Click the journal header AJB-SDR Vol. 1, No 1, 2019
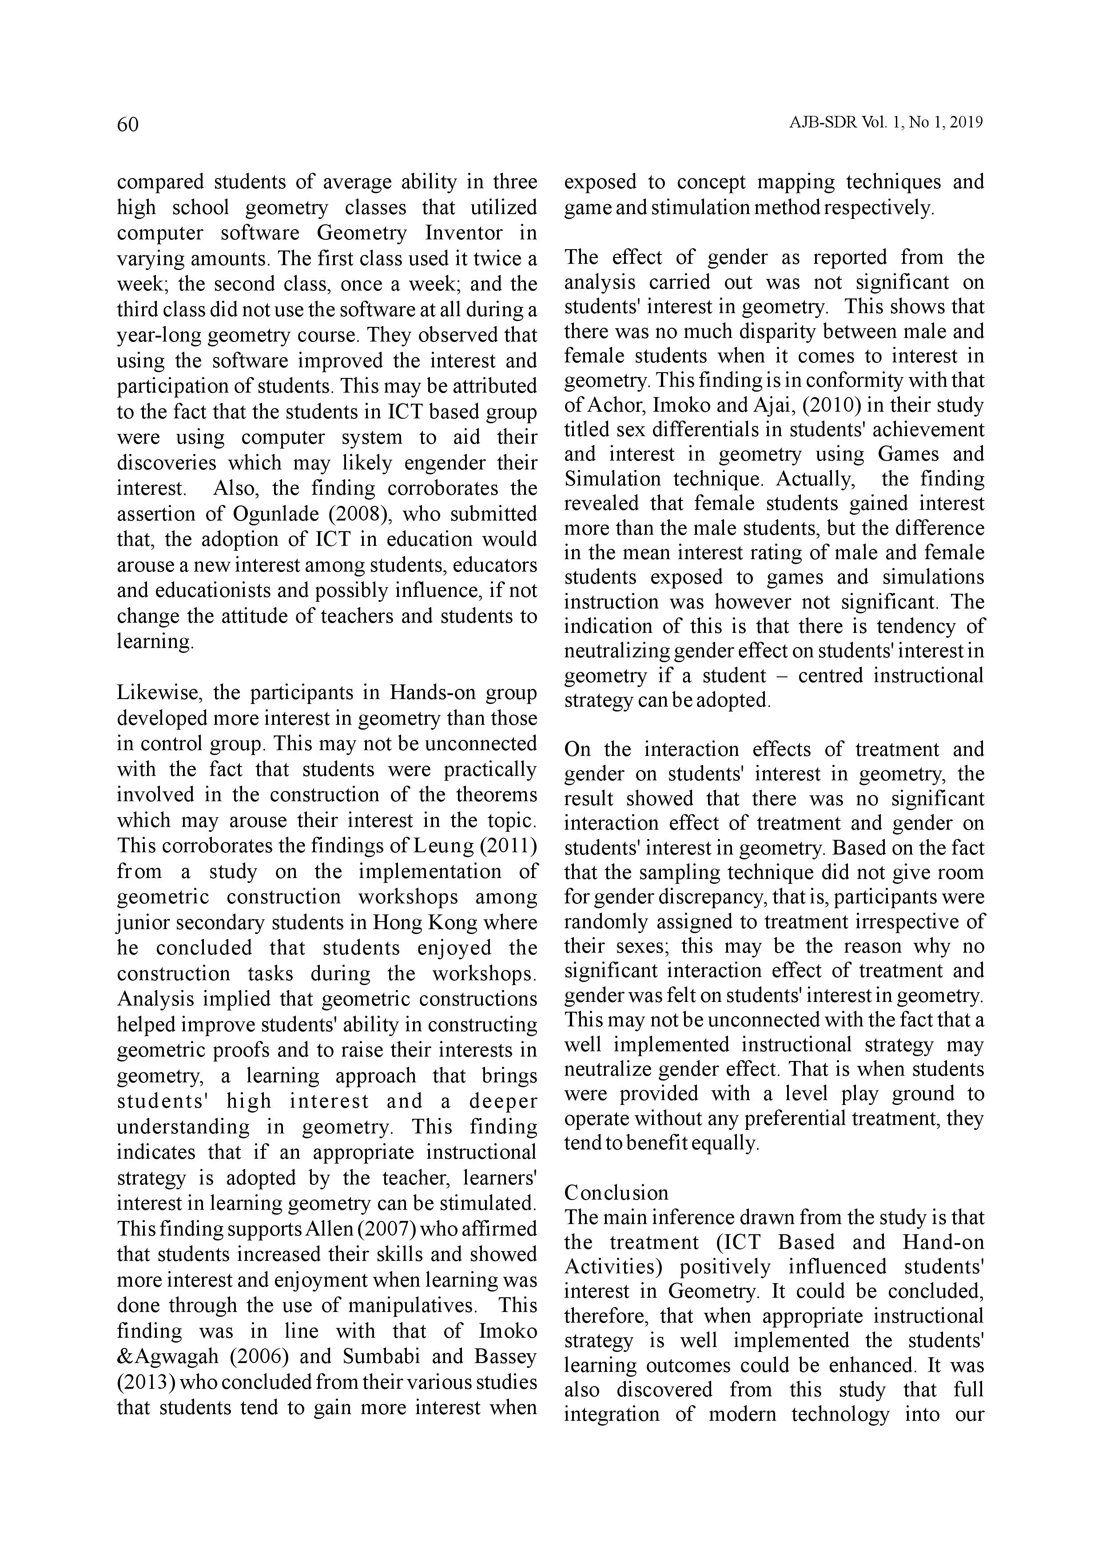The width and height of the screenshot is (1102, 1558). [886, 123]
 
